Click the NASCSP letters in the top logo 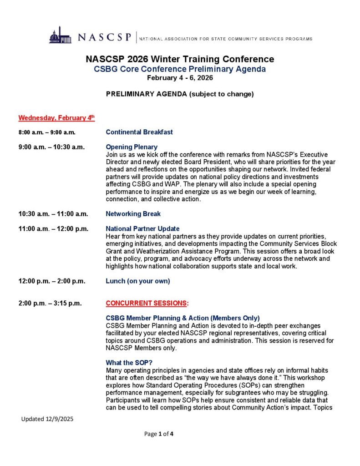pos(104,37)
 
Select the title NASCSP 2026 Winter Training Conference pos(180,59)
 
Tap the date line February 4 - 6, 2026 pos(180,77)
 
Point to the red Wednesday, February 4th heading pos(56,118)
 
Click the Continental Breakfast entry pos(139,132)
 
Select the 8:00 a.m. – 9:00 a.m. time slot pos(47,132)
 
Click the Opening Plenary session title pos(132,147)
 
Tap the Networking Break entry pos(133,214)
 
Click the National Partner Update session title pos(142,228)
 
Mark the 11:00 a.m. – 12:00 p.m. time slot pos(53,228)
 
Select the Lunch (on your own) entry pos(138,281)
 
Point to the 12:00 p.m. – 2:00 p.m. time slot pos(52,281)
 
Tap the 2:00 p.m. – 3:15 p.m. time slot pos(50,303)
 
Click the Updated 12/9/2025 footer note pos(47,419)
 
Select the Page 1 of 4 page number pos(159,434)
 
